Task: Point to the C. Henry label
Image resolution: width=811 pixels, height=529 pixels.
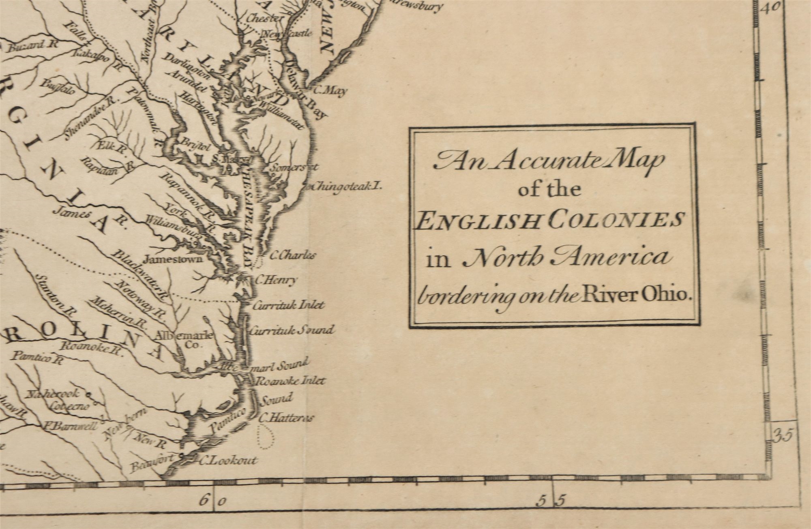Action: click(276, 280)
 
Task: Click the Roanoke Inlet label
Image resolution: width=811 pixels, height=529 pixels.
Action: click(291, 381)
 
